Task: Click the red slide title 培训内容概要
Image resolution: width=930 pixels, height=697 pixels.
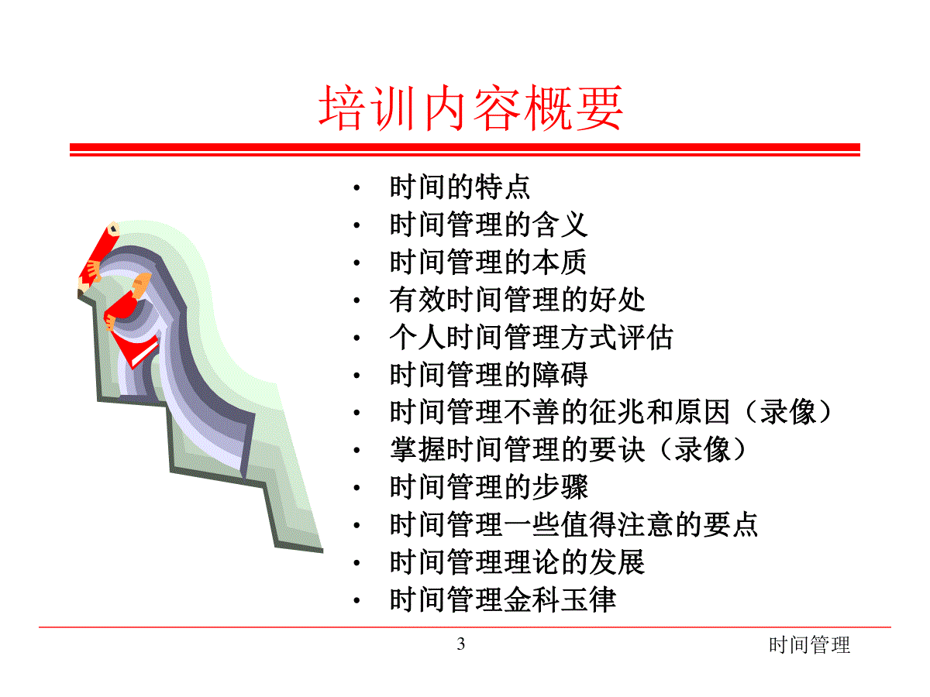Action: click(470, 107)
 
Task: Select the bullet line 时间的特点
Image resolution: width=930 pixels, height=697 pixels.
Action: click(460, 187)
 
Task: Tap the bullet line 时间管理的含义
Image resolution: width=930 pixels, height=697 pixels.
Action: click(488, 225)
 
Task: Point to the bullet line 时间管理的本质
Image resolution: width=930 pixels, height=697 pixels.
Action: click(488, 262)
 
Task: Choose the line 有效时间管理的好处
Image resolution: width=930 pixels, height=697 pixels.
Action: click(517, 300)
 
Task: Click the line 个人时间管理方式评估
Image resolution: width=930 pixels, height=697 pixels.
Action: click(532, 338)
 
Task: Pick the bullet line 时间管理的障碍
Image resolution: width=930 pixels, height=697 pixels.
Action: click(488, 375)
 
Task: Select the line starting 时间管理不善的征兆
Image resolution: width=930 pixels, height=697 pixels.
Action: click(611, 412)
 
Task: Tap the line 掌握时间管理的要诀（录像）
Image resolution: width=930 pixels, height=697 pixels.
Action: click(568, 450)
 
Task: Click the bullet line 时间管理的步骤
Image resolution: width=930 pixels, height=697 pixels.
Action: click(488, 488)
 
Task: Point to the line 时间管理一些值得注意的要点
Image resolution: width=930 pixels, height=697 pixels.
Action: click(573, 525)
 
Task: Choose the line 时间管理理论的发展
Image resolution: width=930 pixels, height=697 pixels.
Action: click(517, 563)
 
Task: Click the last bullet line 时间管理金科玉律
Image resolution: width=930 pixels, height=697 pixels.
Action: click(503, 600)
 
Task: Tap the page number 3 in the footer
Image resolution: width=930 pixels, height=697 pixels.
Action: click(461, 644)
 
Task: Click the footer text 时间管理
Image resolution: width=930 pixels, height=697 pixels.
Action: click(810, 645)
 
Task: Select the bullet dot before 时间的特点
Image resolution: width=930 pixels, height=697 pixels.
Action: click(356, 188)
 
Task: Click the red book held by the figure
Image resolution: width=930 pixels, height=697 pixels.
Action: click(136, 349)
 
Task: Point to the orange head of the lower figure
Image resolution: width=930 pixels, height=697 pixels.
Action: click(142, 286)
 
